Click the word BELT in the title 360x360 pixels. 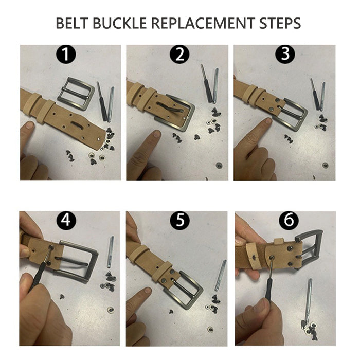72,23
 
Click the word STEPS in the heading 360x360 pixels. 280,23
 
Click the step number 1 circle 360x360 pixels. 66,54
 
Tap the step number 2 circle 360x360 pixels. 179,54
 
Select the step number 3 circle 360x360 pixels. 285,54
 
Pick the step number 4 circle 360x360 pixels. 66,220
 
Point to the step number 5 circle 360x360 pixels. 180,220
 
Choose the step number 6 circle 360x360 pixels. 289,220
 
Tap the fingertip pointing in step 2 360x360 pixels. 156,134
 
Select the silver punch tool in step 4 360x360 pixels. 110,252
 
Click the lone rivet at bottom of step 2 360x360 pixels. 219,165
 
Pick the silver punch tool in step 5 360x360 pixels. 220,276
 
